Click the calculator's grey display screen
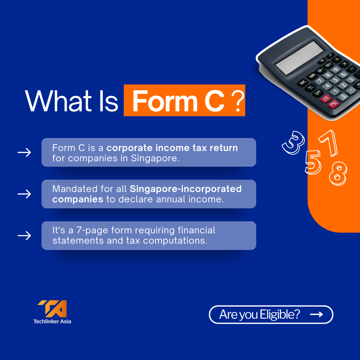(300, 58)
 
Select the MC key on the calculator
(303, 82)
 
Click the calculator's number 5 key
(335, 80)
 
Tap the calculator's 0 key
(343, 96)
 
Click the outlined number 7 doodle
(328, 143)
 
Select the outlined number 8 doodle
(338, 173)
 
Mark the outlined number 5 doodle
(313, 162)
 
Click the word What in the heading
(58, 101)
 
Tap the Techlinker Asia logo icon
(52, 309)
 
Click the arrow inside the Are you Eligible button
(316, 314)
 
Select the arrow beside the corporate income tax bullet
(24, 152)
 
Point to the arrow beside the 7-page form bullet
(24, 236)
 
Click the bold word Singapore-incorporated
(186, 189)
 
